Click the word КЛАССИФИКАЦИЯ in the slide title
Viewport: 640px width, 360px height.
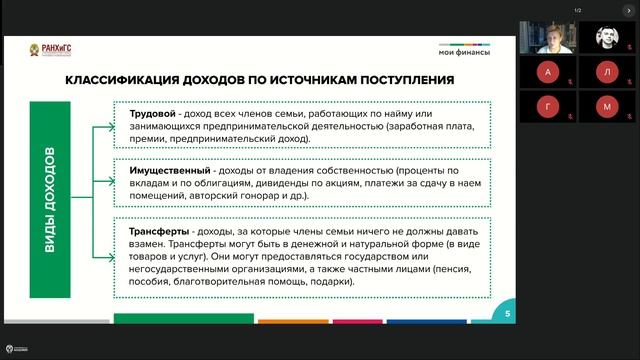117,79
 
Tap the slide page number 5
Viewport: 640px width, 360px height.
507,314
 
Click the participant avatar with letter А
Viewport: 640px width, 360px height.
547,72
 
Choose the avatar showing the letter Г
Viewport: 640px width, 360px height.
547,105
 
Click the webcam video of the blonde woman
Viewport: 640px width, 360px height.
547,38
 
